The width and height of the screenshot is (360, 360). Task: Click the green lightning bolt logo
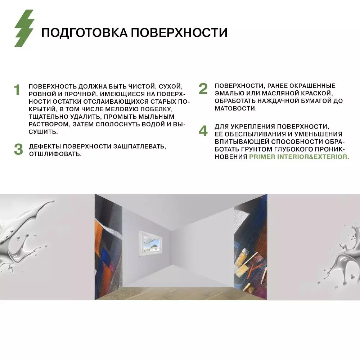[x=24, y=28]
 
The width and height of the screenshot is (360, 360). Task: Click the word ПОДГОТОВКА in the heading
[x=84, y=33]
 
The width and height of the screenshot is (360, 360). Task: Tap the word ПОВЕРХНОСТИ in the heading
[x=179, y=33]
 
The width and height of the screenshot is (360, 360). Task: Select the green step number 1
[x=17, y=90]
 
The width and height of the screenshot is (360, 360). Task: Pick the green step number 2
[x=203, y=89]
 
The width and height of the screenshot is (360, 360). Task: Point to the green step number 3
[x=18, y=150]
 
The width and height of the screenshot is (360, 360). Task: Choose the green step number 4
[x=203, y=131]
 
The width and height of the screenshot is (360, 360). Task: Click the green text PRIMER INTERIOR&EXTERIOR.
[x=299, y=157]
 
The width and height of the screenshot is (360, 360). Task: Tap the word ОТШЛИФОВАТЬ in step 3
[x=55, y=154]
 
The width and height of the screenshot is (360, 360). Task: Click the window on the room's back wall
[x=151, y=244]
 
